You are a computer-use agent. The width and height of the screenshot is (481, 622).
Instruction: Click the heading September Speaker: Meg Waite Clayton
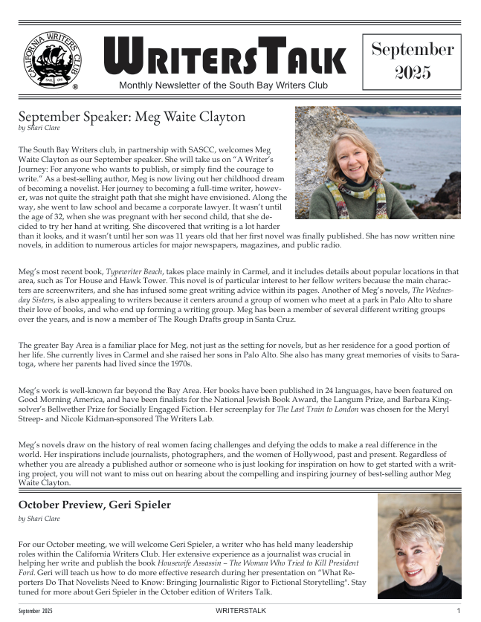pyautogui.click(x=132, y=117)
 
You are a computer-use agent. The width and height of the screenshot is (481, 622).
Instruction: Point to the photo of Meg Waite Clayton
pyautogui.click(x=378, y=163)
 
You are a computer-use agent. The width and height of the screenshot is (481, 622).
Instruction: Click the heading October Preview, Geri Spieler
pyautogui.click(x=94, y=505)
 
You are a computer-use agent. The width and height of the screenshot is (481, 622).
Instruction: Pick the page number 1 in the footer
pyautogui.click(x=459, y=610)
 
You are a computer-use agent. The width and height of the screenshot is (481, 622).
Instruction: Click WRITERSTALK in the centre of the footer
pyautogui.click(x=239, y=610)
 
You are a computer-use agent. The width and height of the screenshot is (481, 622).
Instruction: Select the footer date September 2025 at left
pyautogui.click(x=36, y=610)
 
